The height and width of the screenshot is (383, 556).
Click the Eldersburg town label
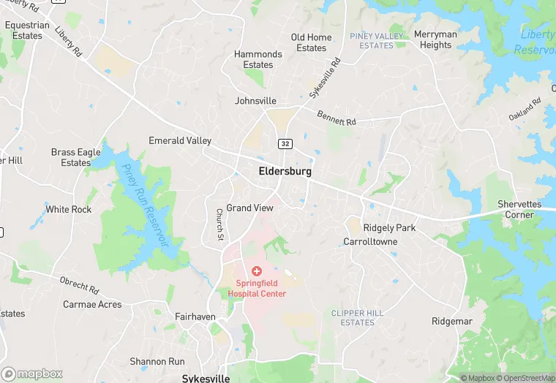click(x=285, y=171)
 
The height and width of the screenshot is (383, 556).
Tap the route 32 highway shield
click(x=285, y=143)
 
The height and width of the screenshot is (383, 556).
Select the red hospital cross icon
click(x=256, y=271)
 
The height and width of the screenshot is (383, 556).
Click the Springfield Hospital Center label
click(x=256, y=288)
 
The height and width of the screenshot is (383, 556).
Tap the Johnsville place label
click(x=255, y=101)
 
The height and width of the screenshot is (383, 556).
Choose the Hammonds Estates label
click(x=258, y=59)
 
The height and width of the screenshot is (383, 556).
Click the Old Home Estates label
click(x=311, y=42)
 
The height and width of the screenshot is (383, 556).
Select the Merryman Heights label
click(x=435, y=39)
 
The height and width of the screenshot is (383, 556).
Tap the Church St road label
click(x=219, y=224)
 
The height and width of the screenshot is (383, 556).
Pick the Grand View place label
click(x=249, y=208)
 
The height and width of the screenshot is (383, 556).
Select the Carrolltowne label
click(x=370, y=241)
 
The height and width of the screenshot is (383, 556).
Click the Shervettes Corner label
click(x=519, y=209)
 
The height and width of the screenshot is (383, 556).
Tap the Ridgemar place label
click(x=451, y=321)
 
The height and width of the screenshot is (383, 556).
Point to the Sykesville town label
click(x=206, y=378)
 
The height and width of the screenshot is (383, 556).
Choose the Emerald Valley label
click(x=180, y=140)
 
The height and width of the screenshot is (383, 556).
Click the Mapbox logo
click(x=32, y=373)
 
